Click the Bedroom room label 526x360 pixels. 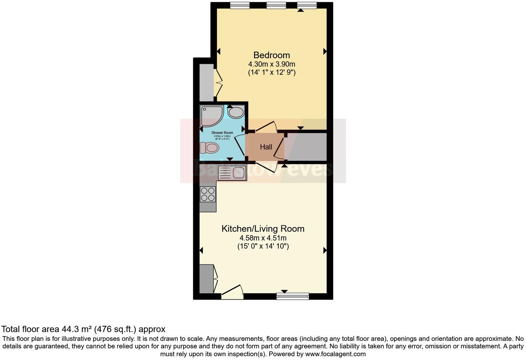coord(271,55)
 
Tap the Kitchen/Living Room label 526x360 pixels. coord(263,229)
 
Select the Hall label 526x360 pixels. coord(266,147)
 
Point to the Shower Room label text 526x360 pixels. coord(222,133)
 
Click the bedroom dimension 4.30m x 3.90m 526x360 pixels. coord(271,64)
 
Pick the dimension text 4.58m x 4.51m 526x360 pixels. coord(263,238)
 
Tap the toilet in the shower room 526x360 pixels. coord(210,148)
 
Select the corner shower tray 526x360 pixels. coord(211,116)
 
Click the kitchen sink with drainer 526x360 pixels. coord(232,172)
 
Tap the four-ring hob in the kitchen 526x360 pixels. coord(208,194)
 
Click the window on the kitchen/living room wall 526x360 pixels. coord(292,296)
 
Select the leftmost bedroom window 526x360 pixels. coord(240,5)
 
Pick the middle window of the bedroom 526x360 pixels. coord(276,5)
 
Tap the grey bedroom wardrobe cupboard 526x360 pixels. coord(207,82)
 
